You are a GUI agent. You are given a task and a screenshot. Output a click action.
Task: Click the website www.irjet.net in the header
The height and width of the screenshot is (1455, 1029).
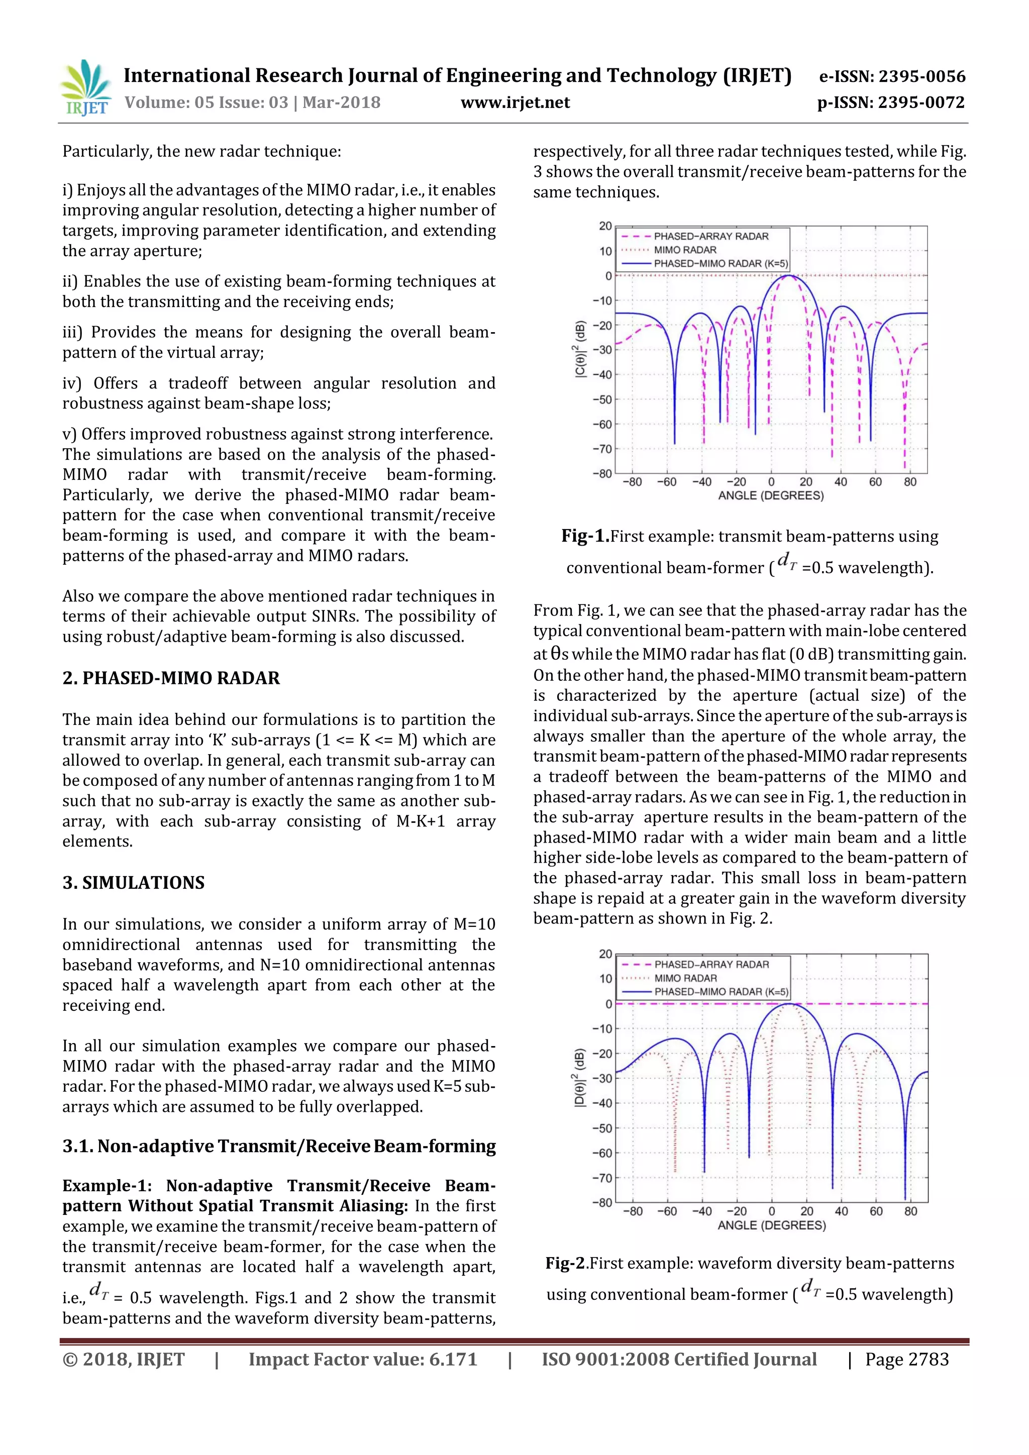pos(514,102)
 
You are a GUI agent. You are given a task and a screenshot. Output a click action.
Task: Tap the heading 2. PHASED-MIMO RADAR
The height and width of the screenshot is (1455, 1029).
pos(171,678)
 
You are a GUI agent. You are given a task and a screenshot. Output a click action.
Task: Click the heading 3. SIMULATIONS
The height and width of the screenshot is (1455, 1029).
pos(133,883)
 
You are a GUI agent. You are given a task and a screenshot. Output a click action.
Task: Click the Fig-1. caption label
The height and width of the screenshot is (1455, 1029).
pos(584,536)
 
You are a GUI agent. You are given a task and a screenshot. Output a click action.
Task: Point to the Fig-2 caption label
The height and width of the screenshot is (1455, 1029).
pos(566,1264)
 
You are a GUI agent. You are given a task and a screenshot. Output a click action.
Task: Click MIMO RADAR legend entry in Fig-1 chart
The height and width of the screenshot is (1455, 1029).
pos(684,250)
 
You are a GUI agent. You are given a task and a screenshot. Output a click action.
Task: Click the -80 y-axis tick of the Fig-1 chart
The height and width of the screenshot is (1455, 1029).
pos(603,473)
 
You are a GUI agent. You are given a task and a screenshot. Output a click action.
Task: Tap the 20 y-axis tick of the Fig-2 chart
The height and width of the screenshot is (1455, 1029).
pos(605,954)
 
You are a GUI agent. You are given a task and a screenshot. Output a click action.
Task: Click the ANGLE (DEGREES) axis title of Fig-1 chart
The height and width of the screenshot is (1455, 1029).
pos(770,495)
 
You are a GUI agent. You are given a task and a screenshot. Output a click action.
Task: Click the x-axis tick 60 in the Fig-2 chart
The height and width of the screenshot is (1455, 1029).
pos(876,1211)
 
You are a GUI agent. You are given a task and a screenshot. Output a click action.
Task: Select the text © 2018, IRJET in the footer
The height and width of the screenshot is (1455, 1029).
pos(124,1360)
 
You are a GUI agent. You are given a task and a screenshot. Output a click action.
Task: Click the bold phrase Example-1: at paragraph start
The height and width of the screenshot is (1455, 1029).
pos(107,1186)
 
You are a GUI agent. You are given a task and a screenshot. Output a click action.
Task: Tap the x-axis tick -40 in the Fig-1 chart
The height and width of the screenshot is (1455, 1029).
pos(701,482)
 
